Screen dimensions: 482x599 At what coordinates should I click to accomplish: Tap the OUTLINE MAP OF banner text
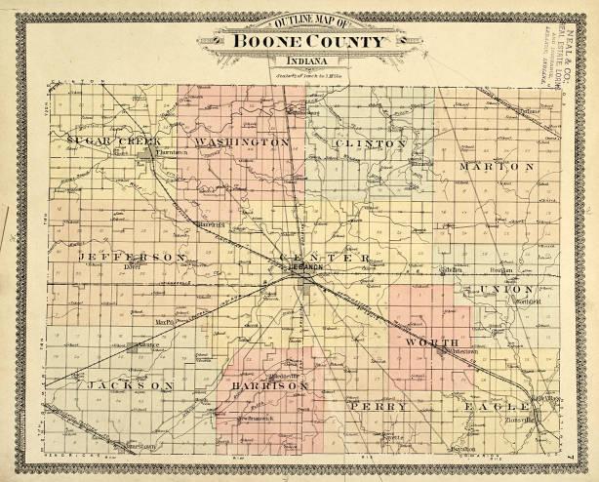[x=299, y=22]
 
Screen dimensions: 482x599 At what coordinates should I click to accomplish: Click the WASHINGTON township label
[x=242, y=142]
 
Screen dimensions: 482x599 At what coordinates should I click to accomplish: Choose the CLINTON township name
[x=370, y=143]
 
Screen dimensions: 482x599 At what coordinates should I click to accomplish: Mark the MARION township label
[x=497, y=167]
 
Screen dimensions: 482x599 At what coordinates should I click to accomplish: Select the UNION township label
[x=507, y=290]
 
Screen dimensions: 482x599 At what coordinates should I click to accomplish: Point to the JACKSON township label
[x=130, y=386]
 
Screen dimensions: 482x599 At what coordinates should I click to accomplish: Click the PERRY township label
[x=378, y=405]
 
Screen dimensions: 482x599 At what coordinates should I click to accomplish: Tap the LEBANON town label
[x=305, y=266]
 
